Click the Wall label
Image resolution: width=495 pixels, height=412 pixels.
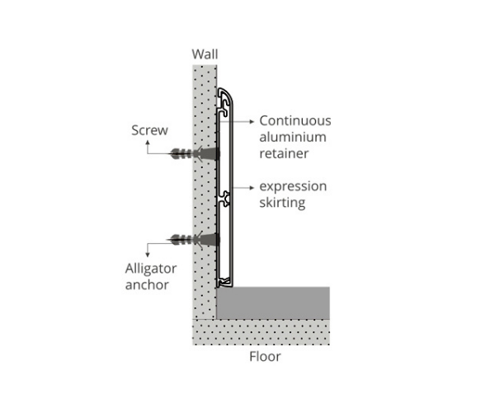click(205, 54)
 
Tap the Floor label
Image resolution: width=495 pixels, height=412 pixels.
click(265, 357)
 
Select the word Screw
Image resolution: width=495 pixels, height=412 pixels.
click(149, 130)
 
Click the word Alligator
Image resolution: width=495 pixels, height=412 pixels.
click(151, 269)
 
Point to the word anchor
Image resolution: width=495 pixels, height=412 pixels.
click(147, 284)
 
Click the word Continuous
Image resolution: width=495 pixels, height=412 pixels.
click(295, 121)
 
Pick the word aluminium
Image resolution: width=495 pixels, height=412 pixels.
click(293, 137)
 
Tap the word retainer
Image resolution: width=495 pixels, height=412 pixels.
click(284, 153)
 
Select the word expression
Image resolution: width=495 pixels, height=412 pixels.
click(293, 186)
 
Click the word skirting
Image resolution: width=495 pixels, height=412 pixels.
click(282, 203)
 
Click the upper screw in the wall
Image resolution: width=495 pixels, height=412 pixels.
click(195, 153)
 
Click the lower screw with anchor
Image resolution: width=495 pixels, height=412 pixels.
click(195, 240)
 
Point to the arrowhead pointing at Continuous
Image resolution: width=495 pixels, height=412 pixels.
click(252, 121)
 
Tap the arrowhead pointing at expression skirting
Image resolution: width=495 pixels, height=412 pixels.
click(252, 188)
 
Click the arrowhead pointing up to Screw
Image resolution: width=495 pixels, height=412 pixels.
click(148, 143)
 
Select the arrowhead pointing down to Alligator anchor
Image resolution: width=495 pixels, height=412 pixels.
click(148, 255)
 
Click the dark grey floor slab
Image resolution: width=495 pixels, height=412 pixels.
click(273, 302)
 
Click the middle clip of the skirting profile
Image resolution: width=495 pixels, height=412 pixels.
click(224, 199)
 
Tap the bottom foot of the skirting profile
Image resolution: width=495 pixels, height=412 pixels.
click(224, 283)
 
